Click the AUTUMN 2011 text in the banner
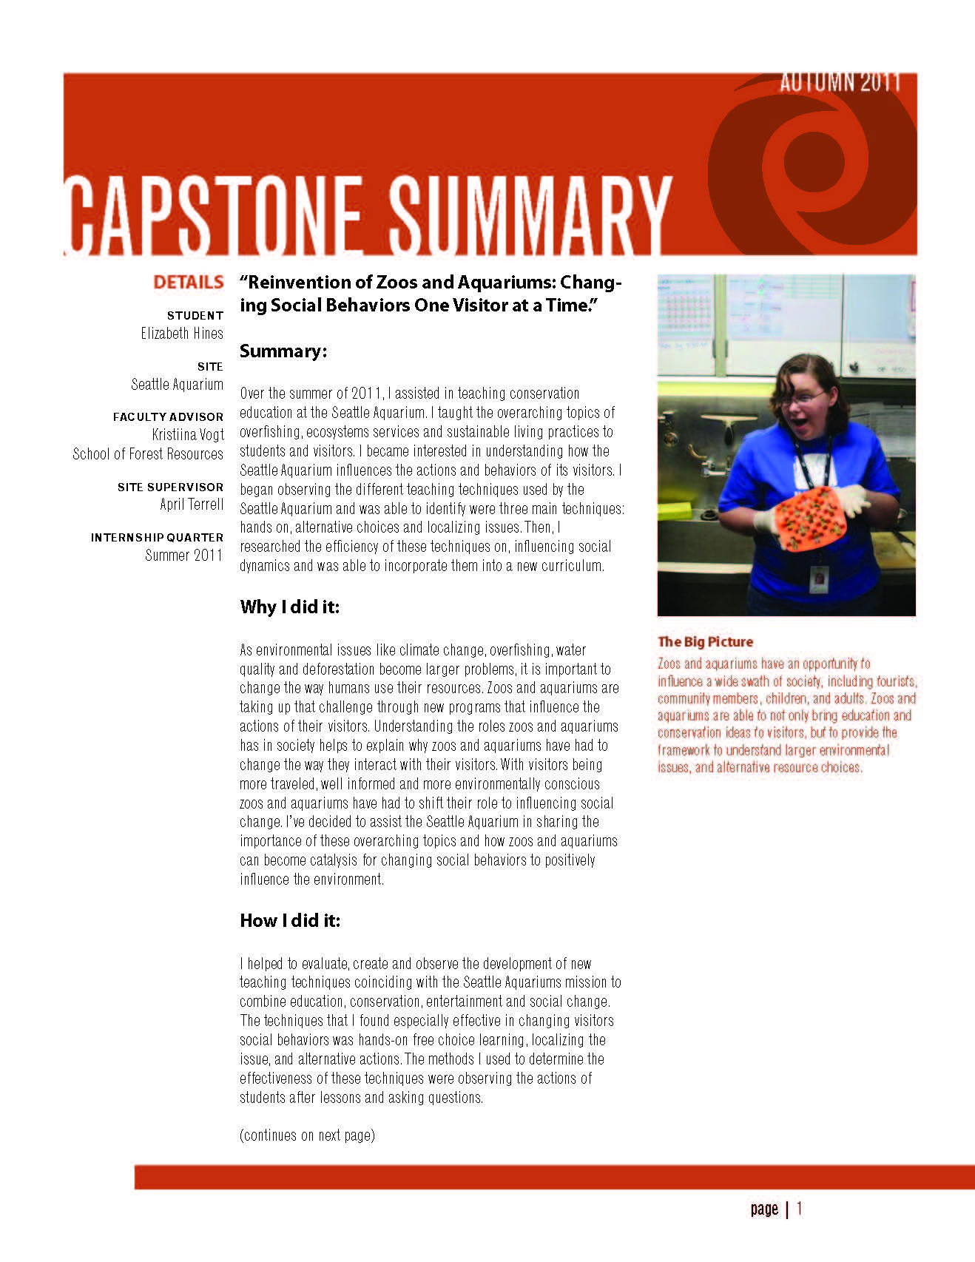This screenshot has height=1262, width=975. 840,82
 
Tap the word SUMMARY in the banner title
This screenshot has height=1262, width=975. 530,215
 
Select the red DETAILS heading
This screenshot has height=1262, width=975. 188,282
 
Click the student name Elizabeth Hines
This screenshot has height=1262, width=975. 182,334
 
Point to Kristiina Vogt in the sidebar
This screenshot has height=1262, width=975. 187,435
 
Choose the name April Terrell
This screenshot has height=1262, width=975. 192,505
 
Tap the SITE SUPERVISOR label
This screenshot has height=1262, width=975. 170,487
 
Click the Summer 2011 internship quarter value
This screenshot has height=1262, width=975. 183,555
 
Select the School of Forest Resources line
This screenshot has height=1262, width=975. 148,454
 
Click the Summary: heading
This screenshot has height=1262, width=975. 283,351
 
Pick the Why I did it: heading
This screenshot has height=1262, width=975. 289,607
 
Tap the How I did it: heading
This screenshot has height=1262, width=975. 289,920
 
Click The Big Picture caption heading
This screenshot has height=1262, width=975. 705,642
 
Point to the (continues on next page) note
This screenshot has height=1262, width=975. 307,1135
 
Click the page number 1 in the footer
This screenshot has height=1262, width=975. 799,1209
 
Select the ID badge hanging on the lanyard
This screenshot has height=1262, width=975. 818,578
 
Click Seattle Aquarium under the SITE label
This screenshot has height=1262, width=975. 177,385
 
